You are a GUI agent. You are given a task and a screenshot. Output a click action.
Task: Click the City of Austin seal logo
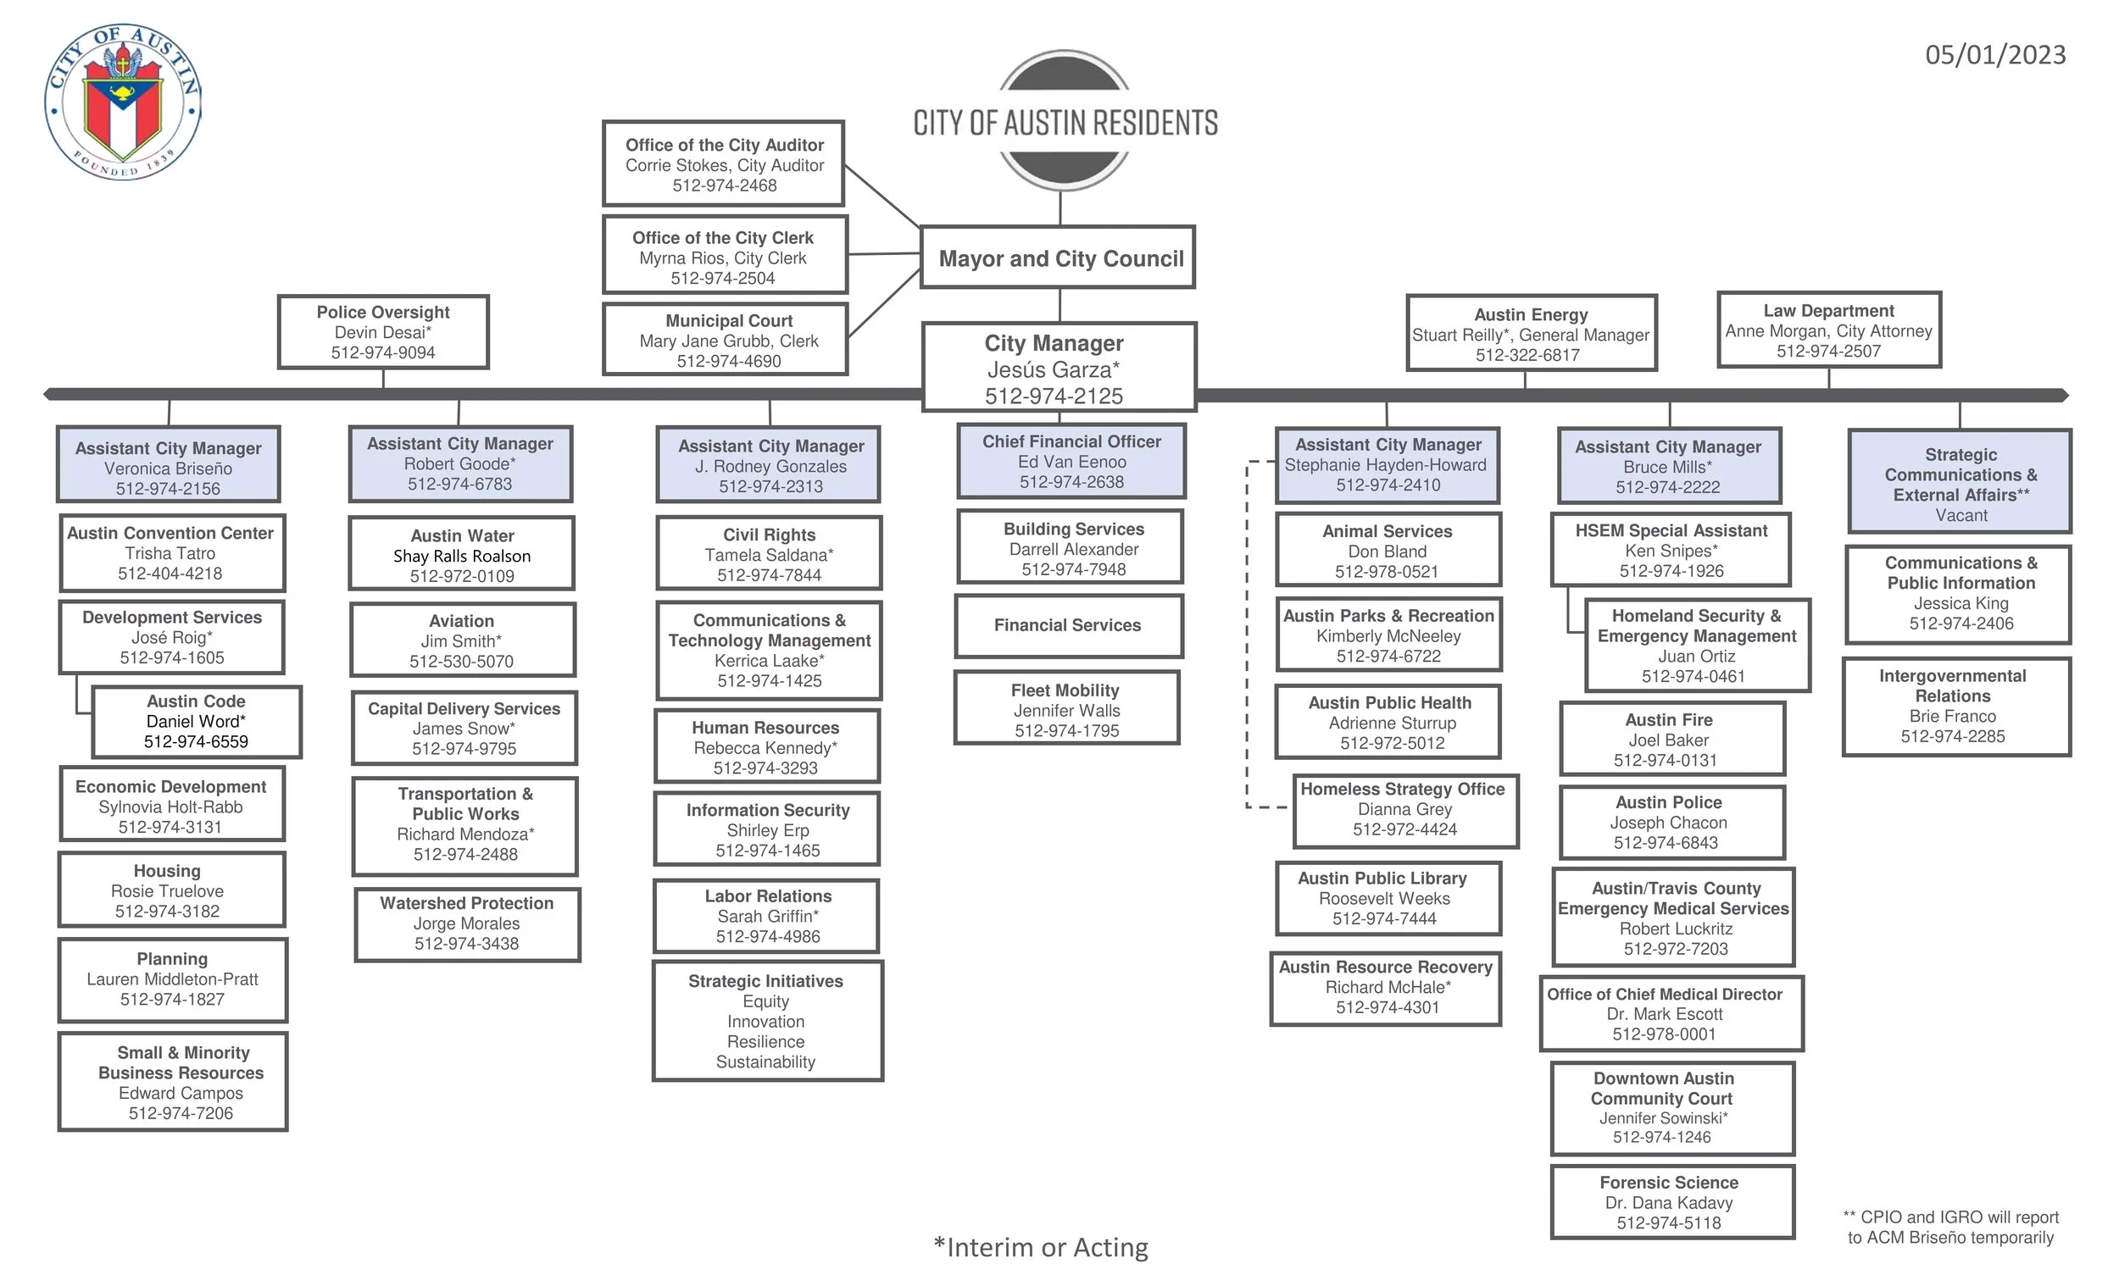click(x=123, y=103)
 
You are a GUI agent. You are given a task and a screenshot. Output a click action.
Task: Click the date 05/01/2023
click(x=1994, y=55)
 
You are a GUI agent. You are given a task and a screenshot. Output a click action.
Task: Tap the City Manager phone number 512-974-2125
click(x=1054, y=396)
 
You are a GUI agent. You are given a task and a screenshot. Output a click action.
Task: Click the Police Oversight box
click(x=383, y=333)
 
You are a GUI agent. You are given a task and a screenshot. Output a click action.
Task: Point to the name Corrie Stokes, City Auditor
click(x=724, y=166)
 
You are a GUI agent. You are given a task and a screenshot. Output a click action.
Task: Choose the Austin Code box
click(x=196, y=722)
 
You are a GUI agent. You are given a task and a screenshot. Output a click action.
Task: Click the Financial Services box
click(x=1067, y=626)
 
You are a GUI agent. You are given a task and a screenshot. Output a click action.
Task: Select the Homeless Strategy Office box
click(x=1404, y=810)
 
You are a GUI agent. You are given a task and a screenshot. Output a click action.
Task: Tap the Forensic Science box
click(x=1670, y=1203)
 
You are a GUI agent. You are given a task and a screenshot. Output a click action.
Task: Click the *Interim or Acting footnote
click(x=1041, y=1247)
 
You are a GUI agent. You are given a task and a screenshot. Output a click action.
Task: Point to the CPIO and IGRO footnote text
click(x=1950, y=1228)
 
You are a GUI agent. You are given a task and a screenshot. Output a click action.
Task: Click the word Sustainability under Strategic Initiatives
click(x=765, y=1062)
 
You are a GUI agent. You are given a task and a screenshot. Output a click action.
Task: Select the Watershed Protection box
click(x=467, y=924)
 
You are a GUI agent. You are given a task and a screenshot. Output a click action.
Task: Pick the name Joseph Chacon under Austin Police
click(x=1668, y=823)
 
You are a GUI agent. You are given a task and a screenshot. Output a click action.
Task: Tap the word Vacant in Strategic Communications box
click(x=1960, y=516)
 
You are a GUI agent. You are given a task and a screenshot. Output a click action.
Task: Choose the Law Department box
click(x=1828, y=331)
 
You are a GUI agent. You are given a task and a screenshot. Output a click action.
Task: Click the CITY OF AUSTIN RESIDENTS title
click(x=1065, y=123)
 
